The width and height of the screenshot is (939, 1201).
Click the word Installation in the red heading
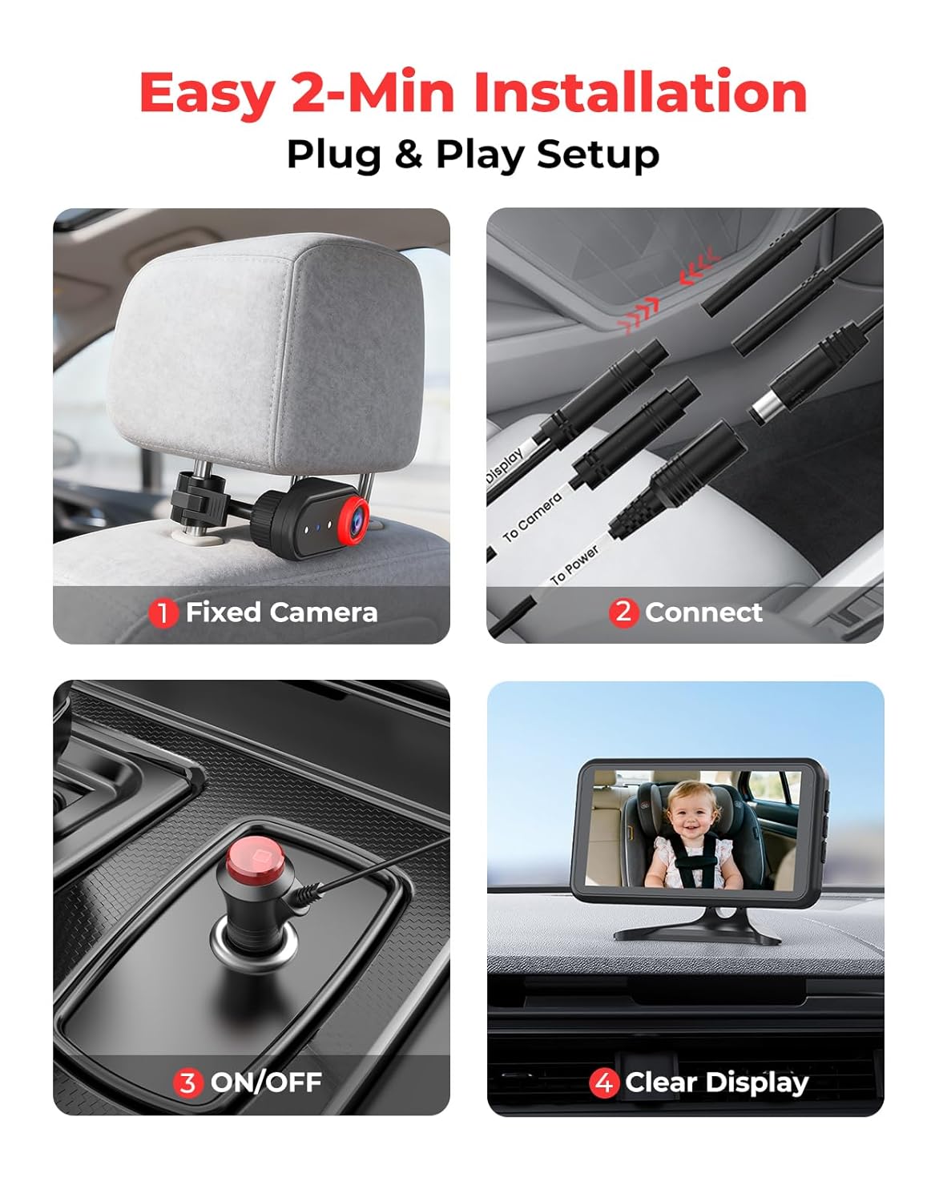coord(639,93)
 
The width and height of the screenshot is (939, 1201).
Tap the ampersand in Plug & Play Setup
coord(408,154)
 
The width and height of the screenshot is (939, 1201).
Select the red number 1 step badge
coord(163,613)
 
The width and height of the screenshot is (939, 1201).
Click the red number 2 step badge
coord(623,613)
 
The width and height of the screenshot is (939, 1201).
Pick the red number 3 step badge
coord(187,1083)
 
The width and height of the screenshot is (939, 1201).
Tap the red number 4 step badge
coord(603,1083)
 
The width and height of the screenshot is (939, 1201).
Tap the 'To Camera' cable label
coord(532,517)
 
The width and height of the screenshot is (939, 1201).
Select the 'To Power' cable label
coord(574,564)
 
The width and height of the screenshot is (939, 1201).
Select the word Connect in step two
coord(703,613)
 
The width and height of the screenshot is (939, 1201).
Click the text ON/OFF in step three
coord(266,1083)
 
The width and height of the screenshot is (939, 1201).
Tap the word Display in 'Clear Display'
coord(756,1083)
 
